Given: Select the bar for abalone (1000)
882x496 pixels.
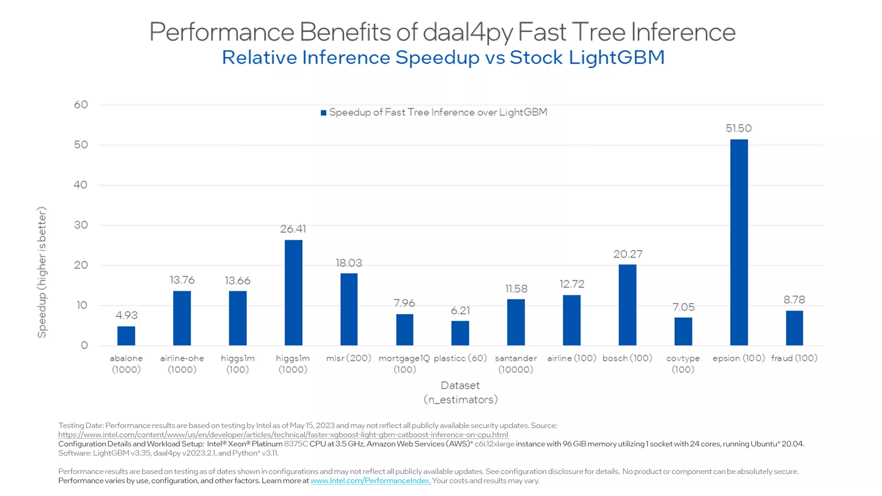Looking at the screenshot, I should tap(126, 336).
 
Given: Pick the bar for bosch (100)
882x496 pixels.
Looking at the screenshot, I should tap(627, 305).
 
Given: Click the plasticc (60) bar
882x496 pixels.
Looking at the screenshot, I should tap(460, 333).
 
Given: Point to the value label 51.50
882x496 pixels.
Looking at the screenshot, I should tap(739, 129).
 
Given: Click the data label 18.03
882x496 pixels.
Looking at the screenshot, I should tap(349, 263).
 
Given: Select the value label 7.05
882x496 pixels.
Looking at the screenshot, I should tap(683, 307).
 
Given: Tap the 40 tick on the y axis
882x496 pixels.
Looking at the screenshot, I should tap(80, 185).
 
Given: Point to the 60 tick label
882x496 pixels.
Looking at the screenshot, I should tap(81, 105).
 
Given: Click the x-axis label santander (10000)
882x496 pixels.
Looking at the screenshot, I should tap(516, 364).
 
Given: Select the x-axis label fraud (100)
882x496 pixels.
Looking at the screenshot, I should tap(794, 358).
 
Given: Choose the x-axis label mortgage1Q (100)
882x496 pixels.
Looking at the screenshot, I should tap(404, 364).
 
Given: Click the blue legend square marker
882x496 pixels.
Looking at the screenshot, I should tap(323, 113).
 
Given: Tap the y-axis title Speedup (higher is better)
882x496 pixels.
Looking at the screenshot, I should tap(42, 272).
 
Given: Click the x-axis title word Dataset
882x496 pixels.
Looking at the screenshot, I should tap(460, 386).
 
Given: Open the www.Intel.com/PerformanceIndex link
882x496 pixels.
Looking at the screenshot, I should tap(370, 481).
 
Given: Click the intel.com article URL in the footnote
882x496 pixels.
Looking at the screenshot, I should tap(283, 435).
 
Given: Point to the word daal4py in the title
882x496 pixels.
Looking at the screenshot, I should tap(468, 32).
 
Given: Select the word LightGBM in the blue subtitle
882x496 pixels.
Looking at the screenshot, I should tap(616, 57).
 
